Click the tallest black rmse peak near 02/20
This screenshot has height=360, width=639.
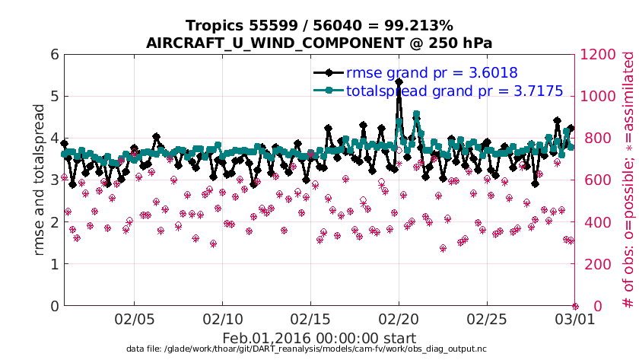point(399,81)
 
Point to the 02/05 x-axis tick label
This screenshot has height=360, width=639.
point(134,317)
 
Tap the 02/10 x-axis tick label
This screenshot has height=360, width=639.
point(222,317)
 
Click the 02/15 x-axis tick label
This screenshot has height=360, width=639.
point(310,317)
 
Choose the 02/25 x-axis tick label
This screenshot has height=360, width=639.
point(487,317)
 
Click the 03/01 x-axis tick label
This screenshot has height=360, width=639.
point(575,317)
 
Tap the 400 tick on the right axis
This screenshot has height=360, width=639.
point(593,222)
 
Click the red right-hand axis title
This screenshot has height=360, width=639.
point(628,180)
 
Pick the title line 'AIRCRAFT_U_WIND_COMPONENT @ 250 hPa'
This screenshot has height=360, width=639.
point(319,43)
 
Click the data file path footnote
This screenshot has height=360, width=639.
point(307,349)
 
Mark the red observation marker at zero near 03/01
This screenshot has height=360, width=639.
point(575,306)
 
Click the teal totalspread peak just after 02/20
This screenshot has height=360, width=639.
point(416,115)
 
